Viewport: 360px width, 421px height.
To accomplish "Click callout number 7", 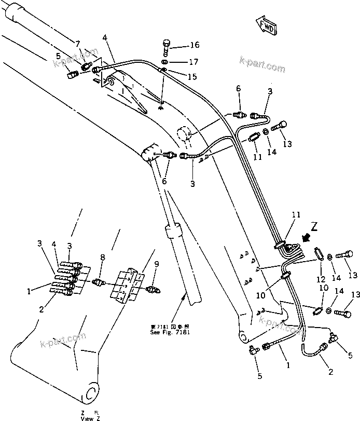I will tap(78, 44).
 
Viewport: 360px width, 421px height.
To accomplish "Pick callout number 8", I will tap(103, 257).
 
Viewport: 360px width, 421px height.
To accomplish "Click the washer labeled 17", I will tap(164, 62).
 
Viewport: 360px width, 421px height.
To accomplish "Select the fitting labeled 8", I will tap(99, 282).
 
